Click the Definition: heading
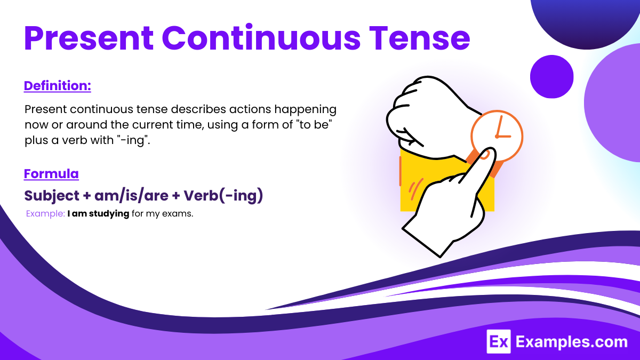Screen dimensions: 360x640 (x=58, y=85)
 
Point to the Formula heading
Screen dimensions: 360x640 (x=51, y=174)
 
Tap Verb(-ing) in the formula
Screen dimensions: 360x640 (x=223, y=196)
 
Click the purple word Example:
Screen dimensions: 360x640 (x=45, y=214)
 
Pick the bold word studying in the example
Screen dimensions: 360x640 (x=109, y=214)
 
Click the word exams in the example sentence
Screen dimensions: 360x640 (x=179, y=214)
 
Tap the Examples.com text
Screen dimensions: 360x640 (x=571, y=341)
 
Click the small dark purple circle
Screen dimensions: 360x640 (x=551, y=77)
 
